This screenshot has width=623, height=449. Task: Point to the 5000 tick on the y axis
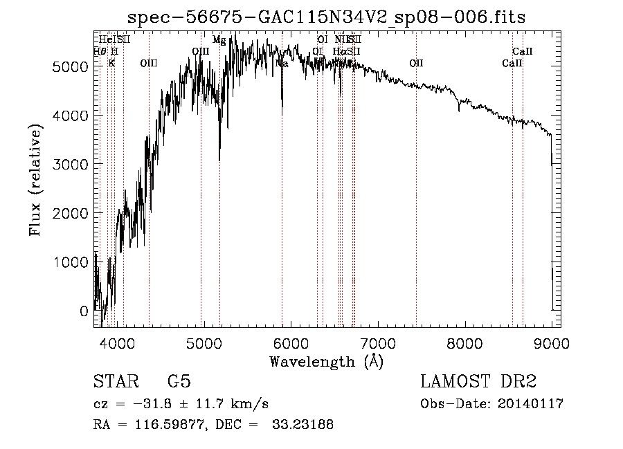click(x=71, y=67)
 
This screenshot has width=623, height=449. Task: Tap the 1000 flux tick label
click(x=71, y=263)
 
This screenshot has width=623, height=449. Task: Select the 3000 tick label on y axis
click(x=71, y=165)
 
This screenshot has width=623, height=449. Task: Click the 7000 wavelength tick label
click(x=377, y=342)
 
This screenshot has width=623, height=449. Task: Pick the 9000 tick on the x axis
click(x=552, y=342)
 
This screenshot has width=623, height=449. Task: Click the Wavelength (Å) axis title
click(x=326, y=360)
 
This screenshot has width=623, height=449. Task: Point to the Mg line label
click(x=219, y=40)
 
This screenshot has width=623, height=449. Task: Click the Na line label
click(x=282, y=63)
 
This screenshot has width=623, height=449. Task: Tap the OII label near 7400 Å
click(x=416, y=63)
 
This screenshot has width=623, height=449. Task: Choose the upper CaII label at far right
click(x=523, y=51)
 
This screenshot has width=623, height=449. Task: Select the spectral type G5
click(x=179, y=382)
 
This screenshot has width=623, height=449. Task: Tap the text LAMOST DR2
click(x=478, y=382)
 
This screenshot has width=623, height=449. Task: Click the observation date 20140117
click(x=533, y=404)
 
